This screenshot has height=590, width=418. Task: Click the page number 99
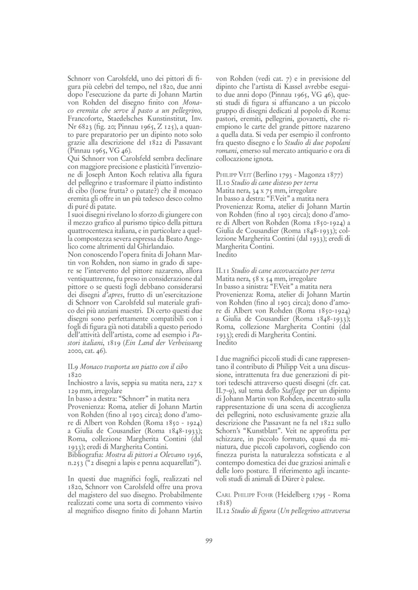[209, 541]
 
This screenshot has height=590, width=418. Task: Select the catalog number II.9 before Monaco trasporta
[72, 366]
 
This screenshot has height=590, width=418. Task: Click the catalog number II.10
[223, 183]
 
